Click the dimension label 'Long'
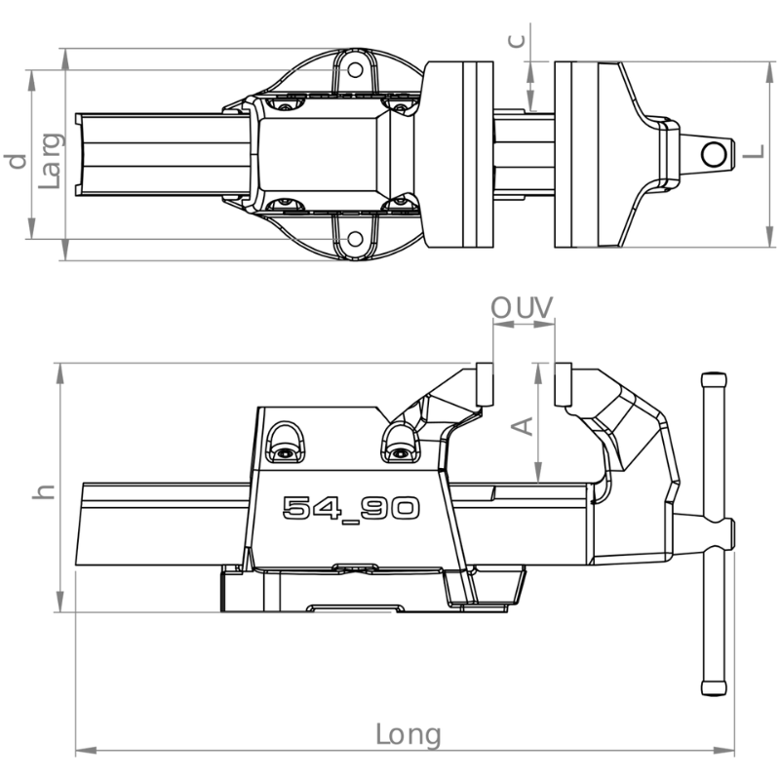(408, 735)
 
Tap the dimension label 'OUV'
(522, 308)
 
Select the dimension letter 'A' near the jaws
(523, 426)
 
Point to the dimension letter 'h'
(43, 491)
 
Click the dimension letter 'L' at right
(753, 152)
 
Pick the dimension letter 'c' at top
(518, 40)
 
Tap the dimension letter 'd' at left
(16, 162)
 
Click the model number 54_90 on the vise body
(351, 509)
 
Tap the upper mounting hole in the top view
(355, 70)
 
